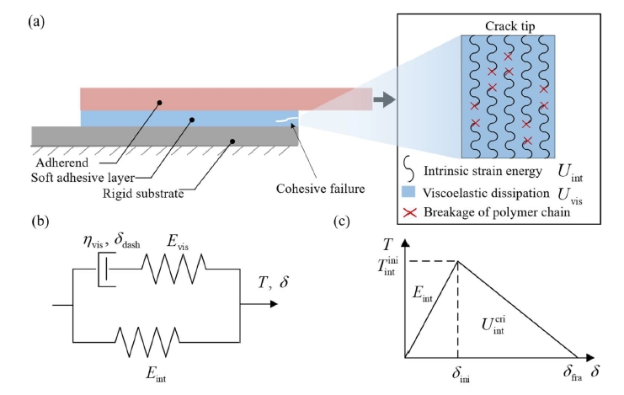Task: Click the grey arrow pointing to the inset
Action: tap(384, 100)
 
